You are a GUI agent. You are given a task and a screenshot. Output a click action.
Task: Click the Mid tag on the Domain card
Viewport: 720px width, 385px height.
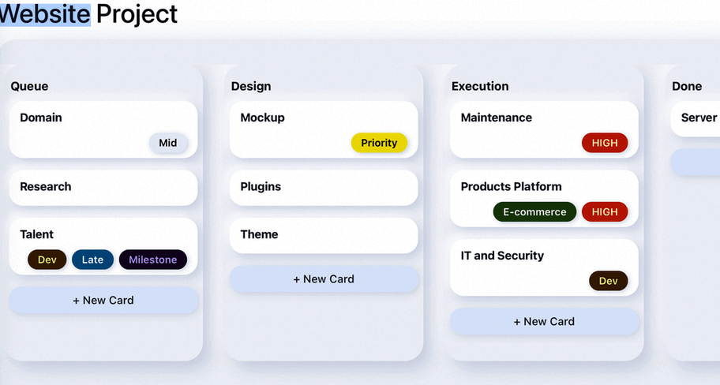(168, 143)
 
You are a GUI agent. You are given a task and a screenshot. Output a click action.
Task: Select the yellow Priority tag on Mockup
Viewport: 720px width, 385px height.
(379, 143)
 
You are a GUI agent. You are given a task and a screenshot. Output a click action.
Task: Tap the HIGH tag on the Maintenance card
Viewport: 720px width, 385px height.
(605, 143)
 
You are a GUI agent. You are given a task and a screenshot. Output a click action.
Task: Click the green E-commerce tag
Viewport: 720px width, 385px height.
(534, 211)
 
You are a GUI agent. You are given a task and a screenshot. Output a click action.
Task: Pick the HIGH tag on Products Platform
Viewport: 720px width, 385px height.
(605, 211)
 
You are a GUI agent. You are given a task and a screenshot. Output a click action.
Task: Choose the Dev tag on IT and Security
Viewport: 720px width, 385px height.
(608, 281)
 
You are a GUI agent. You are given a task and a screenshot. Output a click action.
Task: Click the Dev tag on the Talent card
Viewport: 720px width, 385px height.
(47, 260)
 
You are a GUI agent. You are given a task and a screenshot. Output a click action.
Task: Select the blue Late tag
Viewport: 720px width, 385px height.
(92, 260)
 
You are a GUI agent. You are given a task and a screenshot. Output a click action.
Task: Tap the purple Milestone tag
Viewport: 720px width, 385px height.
(153, 260)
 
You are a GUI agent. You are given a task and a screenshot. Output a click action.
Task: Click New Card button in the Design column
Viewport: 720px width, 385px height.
(324, 279)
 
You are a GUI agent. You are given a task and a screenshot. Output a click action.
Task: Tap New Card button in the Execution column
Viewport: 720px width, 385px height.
(544, 321)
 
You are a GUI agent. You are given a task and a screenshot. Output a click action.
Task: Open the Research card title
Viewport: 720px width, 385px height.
(46, 187)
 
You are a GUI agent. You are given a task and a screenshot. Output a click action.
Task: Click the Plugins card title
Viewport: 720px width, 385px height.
(261, 187)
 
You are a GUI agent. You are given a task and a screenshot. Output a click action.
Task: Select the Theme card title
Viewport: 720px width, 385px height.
(259, 234)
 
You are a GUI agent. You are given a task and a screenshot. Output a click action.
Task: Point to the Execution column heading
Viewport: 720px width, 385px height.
(480, 87)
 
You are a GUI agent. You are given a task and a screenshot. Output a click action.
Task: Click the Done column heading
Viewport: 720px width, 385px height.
(687, 87)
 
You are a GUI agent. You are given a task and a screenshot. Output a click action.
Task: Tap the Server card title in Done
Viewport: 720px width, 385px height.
(699, 118)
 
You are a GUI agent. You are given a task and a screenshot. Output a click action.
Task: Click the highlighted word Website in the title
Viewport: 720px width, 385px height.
(45, 13)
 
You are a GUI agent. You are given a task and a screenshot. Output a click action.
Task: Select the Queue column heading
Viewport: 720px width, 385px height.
(29, 87)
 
